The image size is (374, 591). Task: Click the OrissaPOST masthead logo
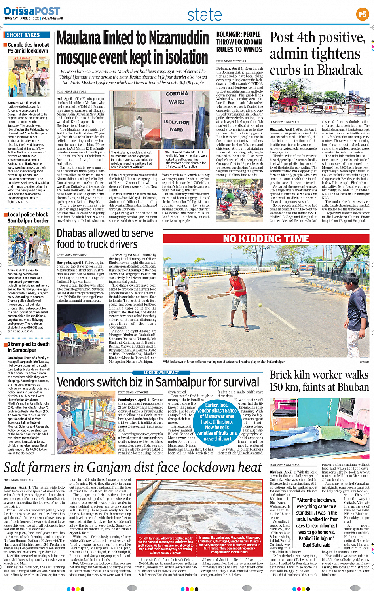[32, 11]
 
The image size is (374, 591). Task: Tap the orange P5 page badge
[362, 15]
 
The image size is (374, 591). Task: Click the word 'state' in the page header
[205, 15]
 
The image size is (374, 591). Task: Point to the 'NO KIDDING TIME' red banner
[266, 239]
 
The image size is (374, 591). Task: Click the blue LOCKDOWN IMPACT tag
[161, 373]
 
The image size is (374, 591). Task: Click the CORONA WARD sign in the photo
[177, 98]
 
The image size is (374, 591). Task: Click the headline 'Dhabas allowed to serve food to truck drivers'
[104, 239]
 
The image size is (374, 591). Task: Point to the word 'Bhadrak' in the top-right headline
[336, 70]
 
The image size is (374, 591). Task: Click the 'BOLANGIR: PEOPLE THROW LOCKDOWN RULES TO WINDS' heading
[239, 42]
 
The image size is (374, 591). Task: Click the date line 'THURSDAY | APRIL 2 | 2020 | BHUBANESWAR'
[33, 18]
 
